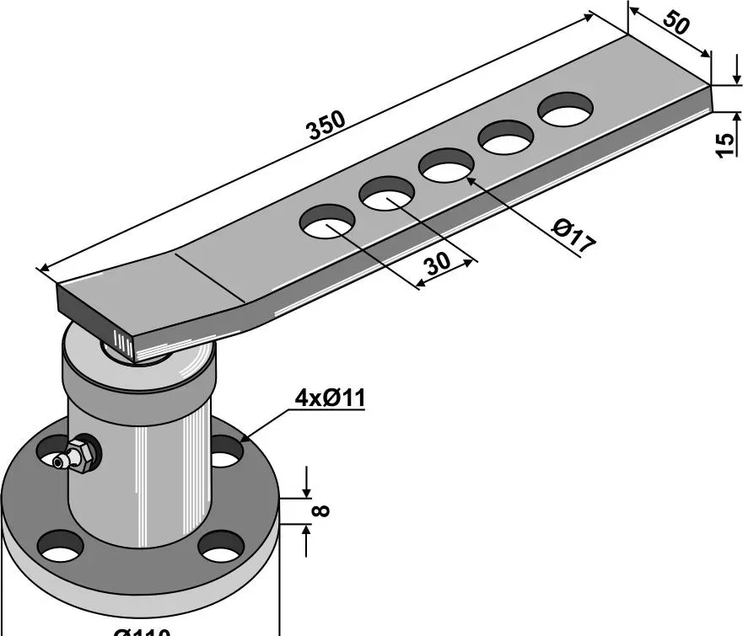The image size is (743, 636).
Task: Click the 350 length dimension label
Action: [326, 125]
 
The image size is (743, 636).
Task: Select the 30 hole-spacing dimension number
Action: [437, 264]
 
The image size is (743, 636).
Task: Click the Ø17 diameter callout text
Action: [573, 237]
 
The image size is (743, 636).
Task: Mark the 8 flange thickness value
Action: [321, 510]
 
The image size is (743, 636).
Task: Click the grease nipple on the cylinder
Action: [78, 456]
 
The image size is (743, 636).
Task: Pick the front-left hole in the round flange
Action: [62, 546]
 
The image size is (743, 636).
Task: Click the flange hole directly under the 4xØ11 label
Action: [223, 453]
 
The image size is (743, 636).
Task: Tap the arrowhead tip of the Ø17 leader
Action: [466, 179]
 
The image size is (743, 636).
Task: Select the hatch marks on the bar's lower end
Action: [122, 345]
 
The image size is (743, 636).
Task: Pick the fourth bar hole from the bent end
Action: [507, 137]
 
